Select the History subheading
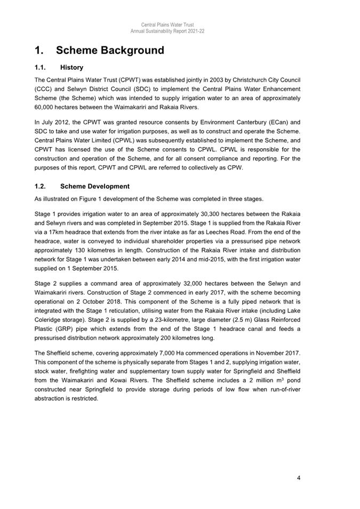pos(71,68)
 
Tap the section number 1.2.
pos(41,187)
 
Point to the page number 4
pos(299,478)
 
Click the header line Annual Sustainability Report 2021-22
pos(167,31)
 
